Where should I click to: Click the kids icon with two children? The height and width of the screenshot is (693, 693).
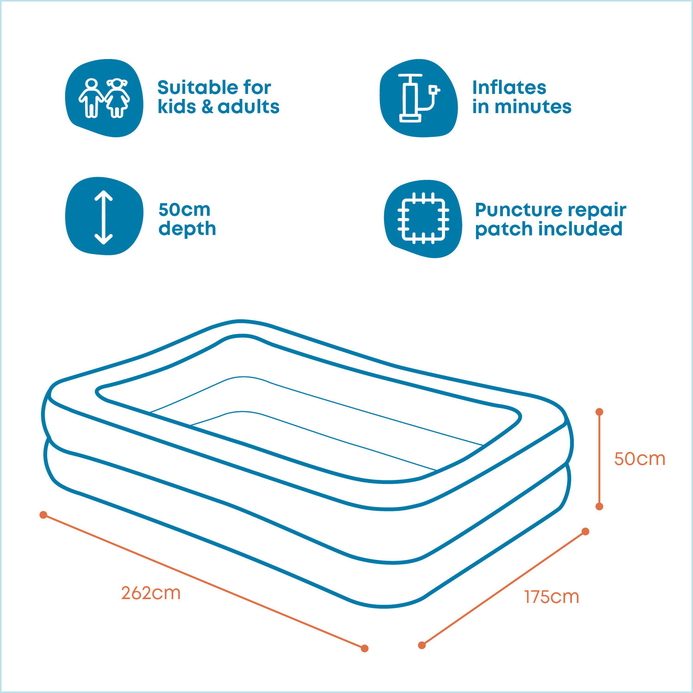tap(104, 98)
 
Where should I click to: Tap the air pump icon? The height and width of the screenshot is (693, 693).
tap(419, 98)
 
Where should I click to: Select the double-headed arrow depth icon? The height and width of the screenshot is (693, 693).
tap(104, 216)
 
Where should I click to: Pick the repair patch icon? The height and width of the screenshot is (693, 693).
tap(423, 219)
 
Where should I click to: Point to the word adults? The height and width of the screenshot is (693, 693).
tap(249, 107)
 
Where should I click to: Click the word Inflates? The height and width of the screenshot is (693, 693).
tap(509, 87)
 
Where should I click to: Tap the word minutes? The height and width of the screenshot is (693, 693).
tap(533, 107)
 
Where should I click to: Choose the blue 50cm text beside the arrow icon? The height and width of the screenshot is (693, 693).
tap(184, 210)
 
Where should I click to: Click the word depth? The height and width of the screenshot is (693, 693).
tap(187, 229)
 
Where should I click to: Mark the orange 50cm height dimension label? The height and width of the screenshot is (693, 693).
tap(640, 459)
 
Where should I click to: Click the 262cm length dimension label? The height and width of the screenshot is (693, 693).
tap(151, 593)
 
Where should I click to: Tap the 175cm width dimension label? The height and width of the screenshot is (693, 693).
tap(552, 597)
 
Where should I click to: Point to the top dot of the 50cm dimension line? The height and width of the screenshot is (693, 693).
tap(599, 412)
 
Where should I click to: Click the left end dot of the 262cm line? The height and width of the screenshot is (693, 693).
tap(43, 515)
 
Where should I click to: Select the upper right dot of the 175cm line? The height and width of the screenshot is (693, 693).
tap(585, 531)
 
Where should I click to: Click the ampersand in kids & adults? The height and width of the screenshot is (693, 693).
tap(207, 107)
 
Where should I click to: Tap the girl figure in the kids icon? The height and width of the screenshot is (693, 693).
tap(117, 98)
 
